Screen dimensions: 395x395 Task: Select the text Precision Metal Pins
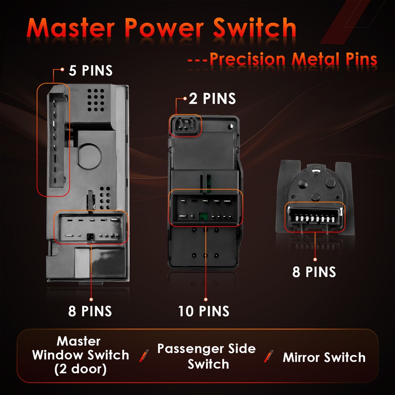click(x=293, y=59)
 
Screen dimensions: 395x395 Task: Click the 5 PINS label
click(x=91, y=70)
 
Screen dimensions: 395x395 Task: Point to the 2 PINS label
click(x=212, y=99)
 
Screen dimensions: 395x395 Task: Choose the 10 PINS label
click(x=204, y=311)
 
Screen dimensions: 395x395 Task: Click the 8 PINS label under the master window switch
click(x=90, y=311)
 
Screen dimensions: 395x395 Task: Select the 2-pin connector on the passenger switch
click(x=185, y=125)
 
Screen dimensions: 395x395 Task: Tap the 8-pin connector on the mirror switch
click(x=315, y=216)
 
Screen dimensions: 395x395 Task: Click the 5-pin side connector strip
click(x=53, y=140)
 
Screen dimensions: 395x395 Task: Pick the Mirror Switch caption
click(x=324, y=357)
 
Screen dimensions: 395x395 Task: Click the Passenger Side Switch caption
click(x=207, y=356)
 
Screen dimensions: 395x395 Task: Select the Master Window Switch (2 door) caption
click(x=81, y=355)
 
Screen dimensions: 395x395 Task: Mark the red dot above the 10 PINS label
click(x=205, y=299)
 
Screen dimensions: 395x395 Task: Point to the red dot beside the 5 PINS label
click(x=62, y=70)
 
